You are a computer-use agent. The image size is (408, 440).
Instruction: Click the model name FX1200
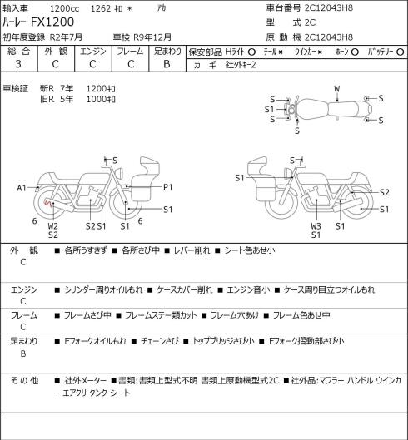click(x=52, y=22)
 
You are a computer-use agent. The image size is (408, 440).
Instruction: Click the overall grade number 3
click(x=18, y=64)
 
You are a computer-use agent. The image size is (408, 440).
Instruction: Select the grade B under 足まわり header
click(x=167, y=64)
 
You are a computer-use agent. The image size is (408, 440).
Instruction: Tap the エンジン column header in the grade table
click(x=93, y=52)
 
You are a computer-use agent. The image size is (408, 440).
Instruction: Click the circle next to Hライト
click(x=251, y=52)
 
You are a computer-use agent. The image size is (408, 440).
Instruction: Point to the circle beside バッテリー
click(x=401, y=52)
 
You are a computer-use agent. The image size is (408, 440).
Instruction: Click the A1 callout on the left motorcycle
click(x=22, y=188)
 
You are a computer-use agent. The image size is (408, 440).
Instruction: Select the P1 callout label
click(x=168, y=187)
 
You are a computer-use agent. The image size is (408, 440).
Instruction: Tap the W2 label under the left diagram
click(x=52, y=226)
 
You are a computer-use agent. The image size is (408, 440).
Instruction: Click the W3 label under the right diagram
click(x=316, y=226)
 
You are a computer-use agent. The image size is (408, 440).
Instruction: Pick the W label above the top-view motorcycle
click(x=337, y=89)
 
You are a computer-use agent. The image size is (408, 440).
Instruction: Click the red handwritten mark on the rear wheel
click(x=48, y=203)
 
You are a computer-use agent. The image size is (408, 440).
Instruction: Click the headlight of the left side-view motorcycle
click(x=120, y=172)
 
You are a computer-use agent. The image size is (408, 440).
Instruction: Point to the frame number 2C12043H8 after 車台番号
click(x=329, y=7)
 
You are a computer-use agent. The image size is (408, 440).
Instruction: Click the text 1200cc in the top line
click(x=65, y=8)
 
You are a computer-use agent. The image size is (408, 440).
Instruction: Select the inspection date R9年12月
click(x=152, y=37)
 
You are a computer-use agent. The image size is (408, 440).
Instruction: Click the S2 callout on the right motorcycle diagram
click(x=385, y=192)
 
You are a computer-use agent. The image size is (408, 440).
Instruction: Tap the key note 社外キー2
click(x=241, y=65)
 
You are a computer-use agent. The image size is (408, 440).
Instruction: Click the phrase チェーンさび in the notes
click(x=159, y=341)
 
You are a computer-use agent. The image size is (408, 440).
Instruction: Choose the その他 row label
click(x=24, y=381)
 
